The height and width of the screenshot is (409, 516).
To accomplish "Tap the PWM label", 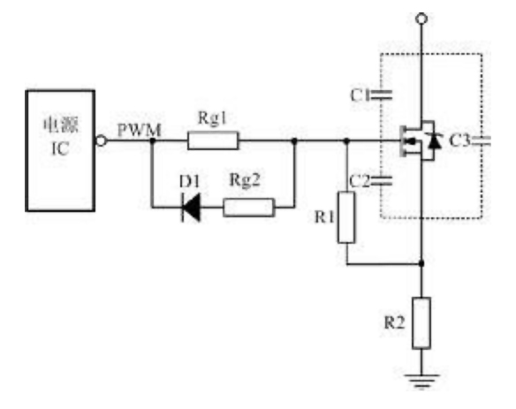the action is (x=140, y=131).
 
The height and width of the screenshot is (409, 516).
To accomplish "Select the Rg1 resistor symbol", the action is (x=213, y=140).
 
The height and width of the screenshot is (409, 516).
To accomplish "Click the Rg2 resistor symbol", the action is (x=248, y=208).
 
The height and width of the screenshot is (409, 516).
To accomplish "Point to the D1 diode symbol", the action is (x=191, y=208).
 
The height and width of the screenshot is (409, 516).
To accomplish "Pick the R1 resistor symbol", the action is (x=346, y=217).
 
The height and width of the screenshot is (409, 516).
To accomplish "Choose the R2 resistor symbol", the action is (x=421, y=322).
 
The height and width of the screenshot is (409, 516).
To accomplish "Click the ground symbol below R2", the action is (x=421, y=381).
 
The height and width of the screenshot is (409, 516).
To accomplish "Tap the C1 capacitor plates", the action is (x=381, y=95).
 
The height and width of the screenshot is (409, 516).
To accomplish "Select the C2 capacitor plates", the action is (x=381, y=180).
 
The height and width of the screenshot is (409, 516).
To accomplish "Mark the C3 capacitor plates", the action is (x=481, y=141).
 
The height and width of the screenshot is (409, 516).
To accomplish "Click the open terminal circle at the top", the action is (x=421, y=19).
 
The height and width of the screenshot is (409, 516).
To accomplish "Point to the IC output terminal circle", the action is (x=101, y=140).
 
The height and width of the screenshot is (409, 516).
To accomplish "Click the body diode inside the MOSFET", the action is (x=435, y=140).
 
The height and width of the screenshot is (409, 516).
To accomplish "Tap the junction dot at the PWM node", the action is (x=152, y=140).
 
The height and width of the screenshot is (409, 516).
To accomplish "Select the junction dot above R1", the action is (x=346, y=140).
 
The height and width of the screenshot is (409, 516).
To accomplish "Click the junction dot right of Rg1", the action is (x=294, y=140).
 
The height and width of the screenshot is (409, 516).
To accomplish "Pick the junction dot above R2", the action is (x=421, y=263).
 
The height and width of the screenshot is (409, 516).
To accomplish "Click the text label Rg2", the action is (x=245, y=180).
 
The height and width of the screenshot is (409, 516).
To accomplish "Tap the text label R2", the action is (x=395, y=322).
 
